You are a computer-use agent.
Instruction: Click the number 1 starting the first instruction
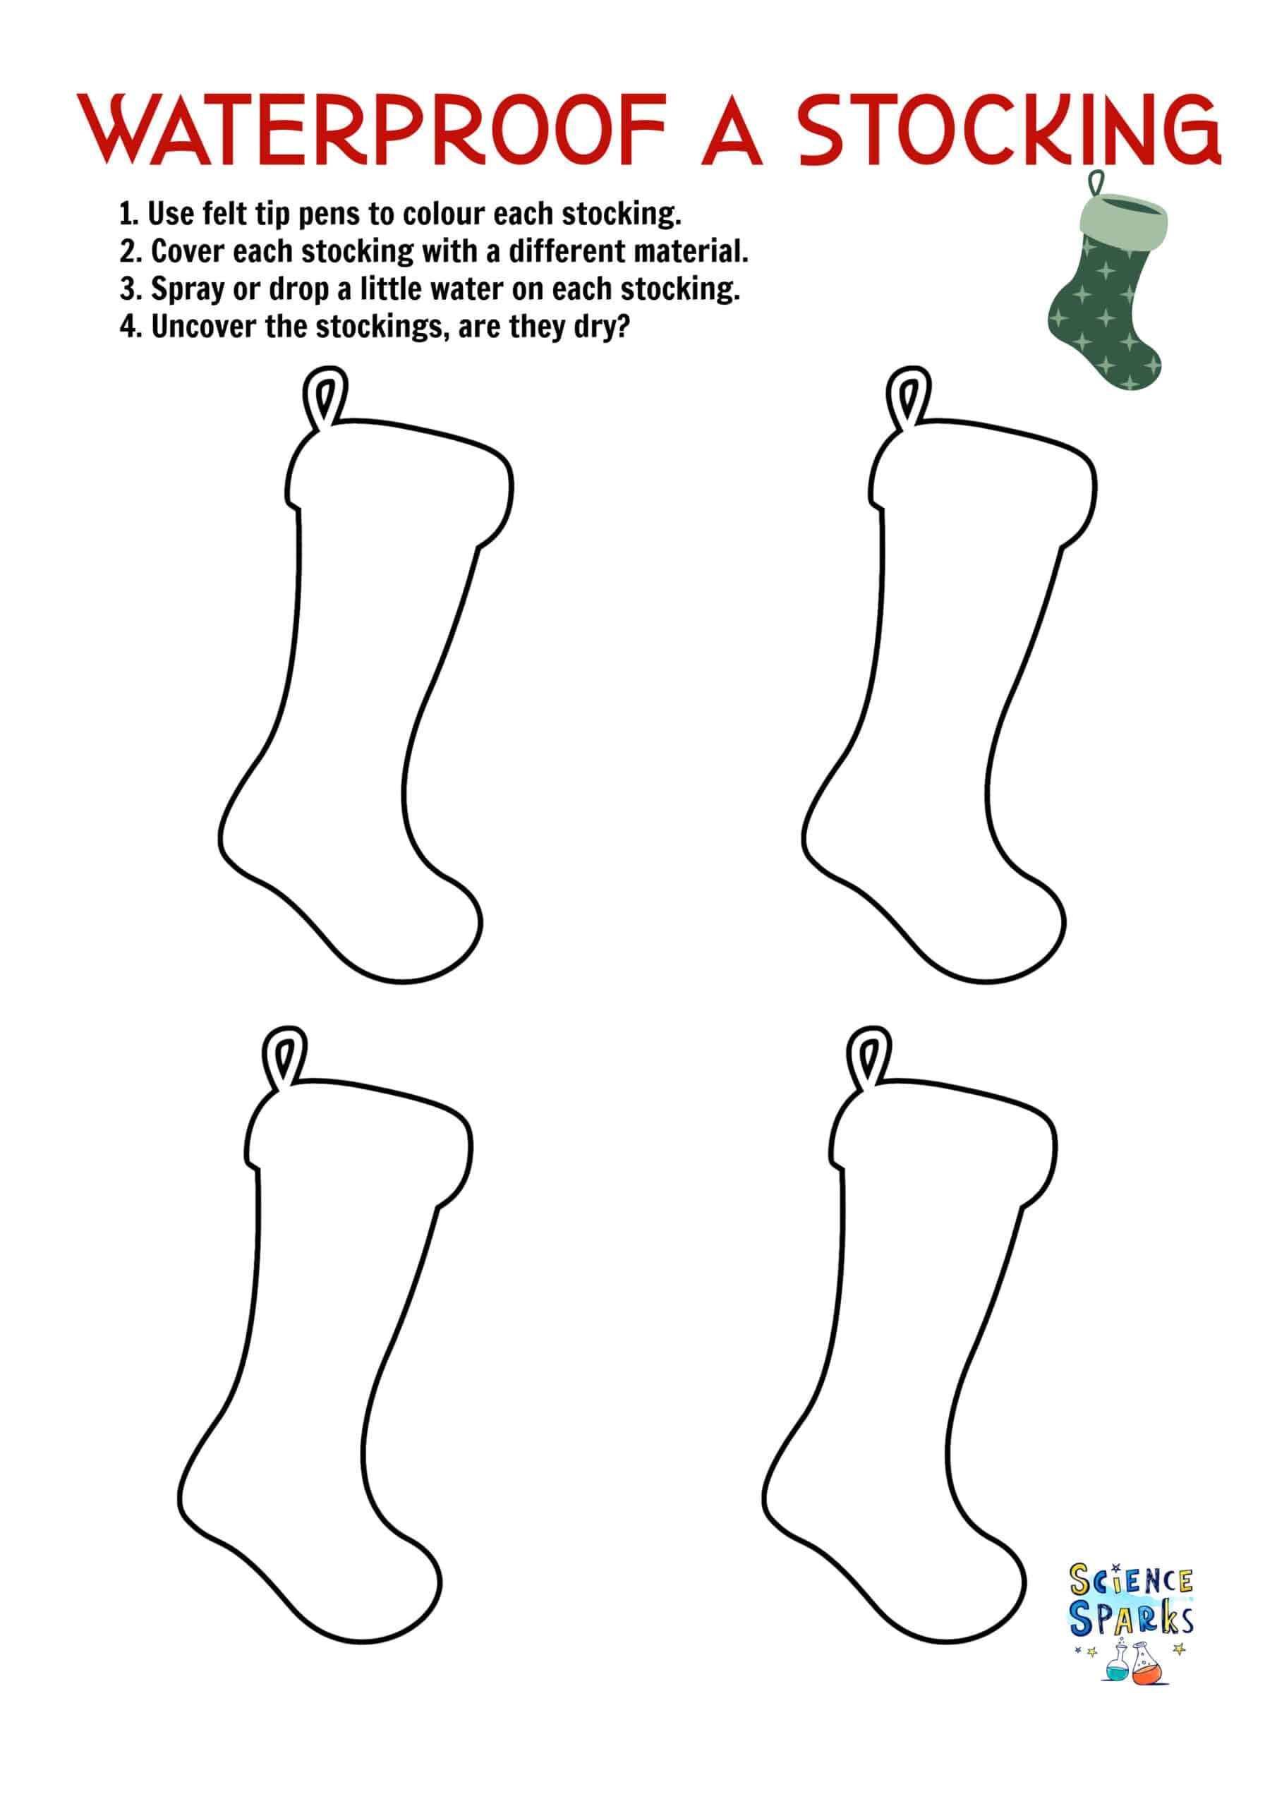pyautogui.click(x=125, y=213)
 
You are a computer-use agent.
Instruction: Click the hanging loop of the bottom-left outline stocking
pyautogui.click(x=284, y=1059)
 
